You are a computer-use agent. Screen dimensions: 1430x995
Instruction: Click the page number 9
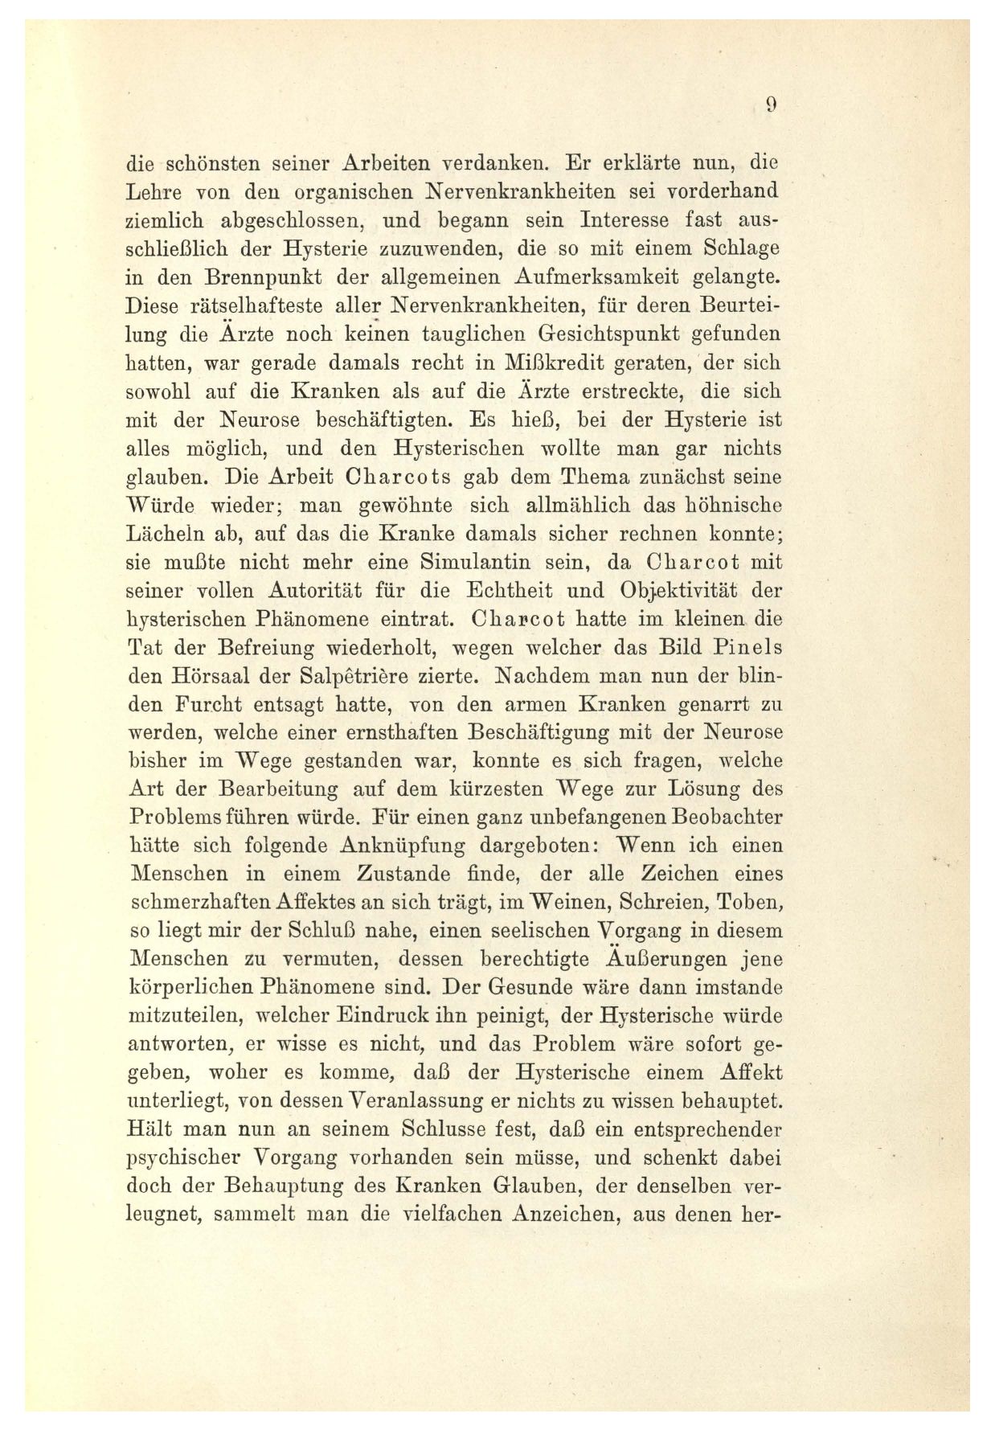point(769,104)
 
